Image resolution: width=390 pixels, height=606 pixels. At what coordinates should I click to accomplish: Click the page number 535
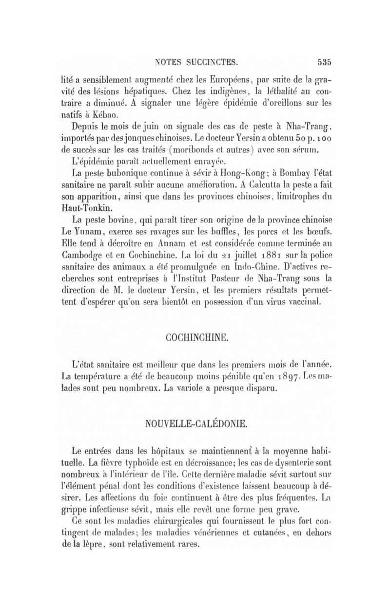click(x=324, y=62)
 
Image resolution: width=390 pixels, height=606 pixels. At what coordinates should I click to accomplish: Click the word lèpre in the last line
click(x=103, y=544)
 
